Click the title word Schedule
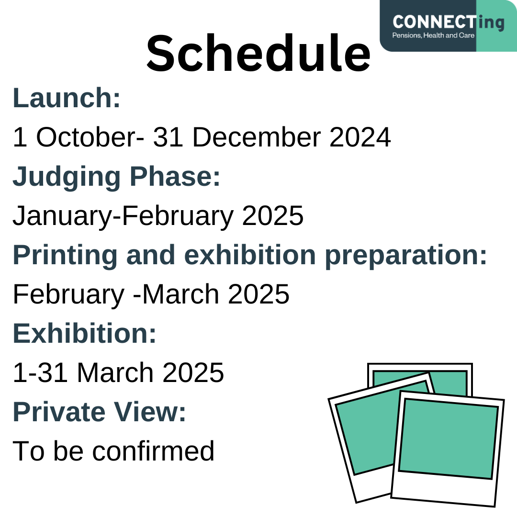[x=258, y=53]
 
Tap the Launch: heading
[x=67, y=98]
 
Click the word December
[x=257, y=137]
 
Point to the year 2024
[x=360, y=137]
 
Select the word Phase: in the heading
[x=175, y=176]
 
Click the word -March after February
[x=176, y=294]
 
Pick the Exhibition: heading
[x=84, y=333]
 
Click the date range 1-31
[x=40, y=372]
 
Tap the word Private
[x=59, y=412]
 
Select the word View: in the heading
[x=150, y=412]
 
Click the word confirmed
[x=153, y=451]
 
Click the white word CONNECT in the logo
[x=434, y=22]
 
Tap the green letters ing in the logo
[x=491, y=23]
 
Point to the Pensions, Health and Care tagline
[x=433, y=35]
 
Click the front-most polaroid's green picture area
[x=449, y=438]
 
